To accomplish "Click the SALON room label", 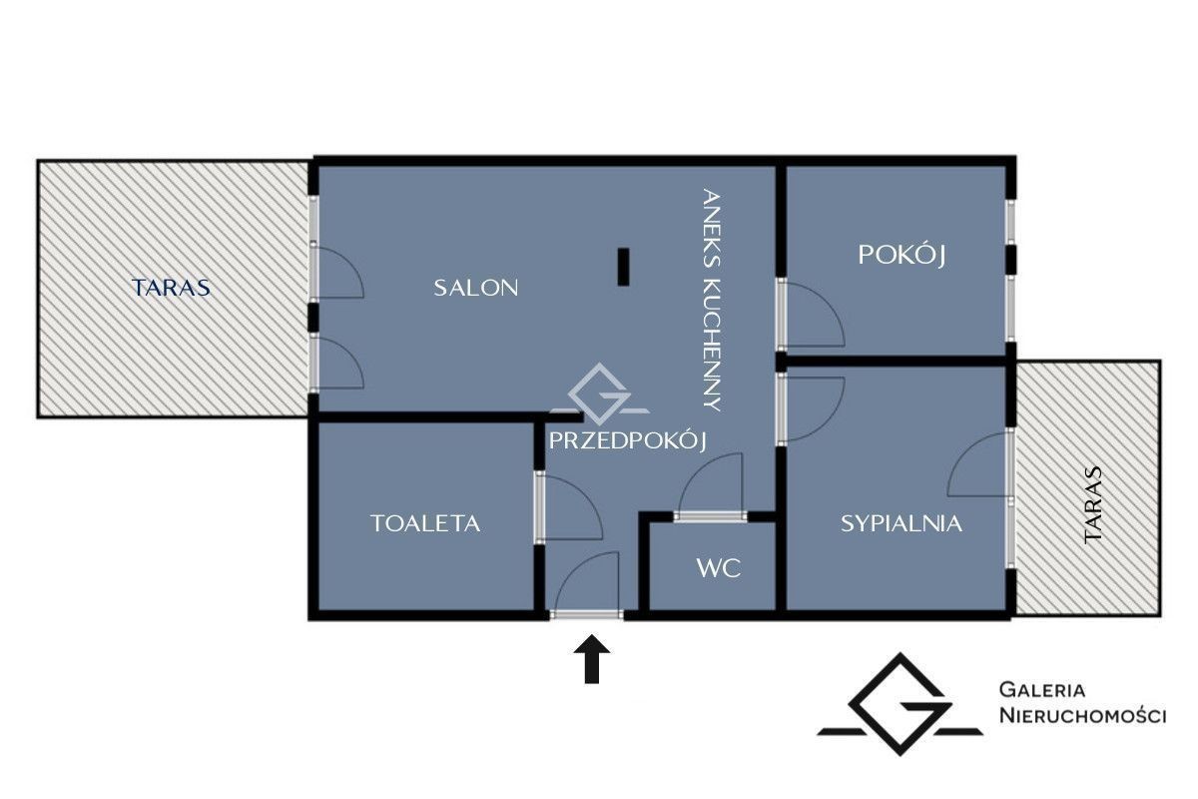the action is [x=475, y=288].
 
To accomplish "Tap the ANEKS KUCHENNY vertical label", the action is [x=711, y=300].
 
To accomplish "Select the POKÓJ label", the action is [x=901, y=255].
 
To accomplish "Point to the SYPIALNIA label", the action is [x=901, y=523].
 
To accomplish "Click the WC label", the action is [x=719, y=568].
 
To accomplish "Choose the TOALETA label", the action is [x=425, y=523].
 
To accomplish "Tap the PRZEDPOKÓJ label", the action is [x=628, y=441].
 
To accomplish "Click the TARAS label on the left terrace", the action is [x=171, y=288].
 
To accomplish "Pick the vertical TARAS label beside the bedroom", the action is [x=1092, y=505].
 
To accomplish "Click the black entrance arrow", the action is [x=591, y=659].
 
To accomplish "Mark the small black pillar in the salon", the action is [x=623, y=267].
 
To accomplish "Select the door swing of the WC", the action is [x=711, y=483].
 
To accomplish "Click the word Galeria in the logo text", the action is [x=1042, y=690].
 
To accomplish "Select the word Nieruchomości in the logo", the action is [x=1082, y=715].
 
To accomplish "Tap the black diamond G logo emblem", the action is [x=900, y=705].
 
